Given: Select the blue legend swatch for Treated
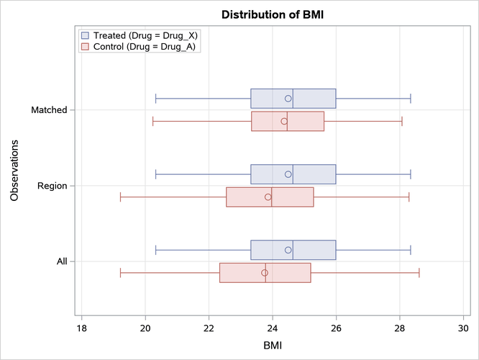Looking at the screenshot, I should click(86, 35).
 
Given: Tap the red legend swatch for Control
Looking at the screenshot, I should click(86, 46).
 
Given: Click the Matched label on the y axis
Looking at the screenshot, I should click(49, 110).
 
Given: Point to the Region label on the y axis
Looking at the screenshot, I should click(51, 186).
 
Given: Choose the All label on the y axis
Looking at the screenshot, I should click(61, 261).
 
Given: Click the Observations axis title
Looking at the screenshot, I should click(15, 171).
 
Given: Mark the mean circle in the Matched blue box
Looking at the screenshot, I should click(288, 99).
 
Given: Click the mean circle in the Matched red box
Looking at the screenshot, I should click(284, 121).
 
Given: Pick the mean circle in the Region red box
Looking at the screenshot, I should click(268, 197).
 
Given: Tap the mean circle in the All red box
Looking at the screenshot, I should click(265, 273).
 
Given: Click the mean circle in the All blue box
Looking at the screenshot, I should click(288, 250).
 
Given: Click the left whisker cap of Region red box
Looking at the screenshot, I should click(120, 197).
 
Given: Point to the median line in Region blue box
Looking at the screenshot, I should click(293, 174).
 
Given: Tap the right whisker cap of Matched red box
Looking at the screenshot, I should click(402, 121).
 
